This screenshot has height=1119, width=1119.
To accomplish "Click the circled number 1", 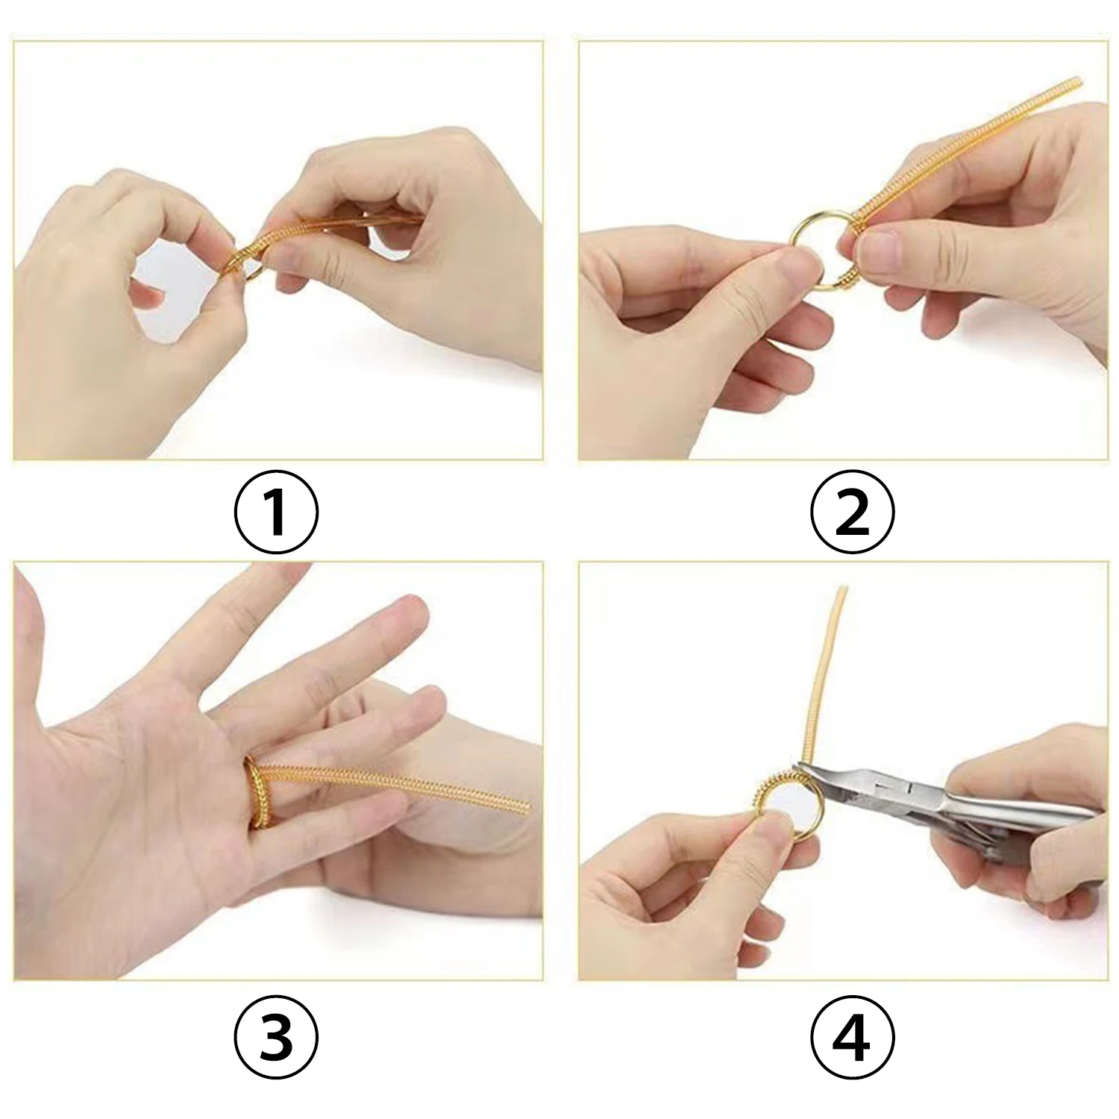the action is point(277,513).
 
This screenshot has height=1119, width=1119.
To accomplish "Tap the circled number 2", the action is point(852,513).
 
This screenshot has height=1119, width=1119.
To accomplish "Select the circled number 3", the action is point(277,1035).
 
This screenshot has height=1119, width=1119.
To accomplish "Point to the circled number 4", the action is point(852,1035).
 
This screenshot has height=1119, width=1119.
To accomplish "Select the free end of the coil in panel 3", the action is point(525,806).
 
